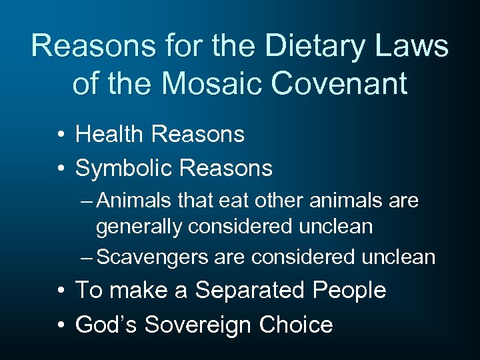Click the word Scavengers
click(159, 257)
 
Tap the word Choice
click(296, 325)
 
